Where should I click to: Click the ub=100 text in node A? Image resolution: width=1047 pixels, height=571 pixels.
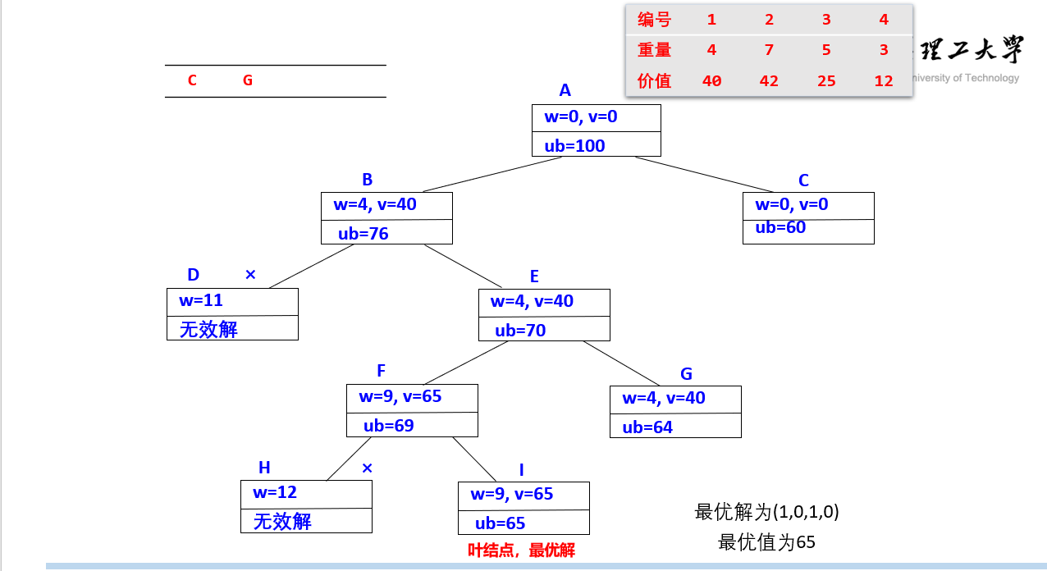pyautogui.click(x=574, y=146)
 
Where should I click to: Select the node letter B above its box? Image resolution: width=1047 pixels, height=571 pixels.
pyautogui.click(x=367, y=180)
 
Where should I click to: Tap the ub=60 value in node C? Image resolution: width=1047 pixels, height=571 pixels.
pyautogui.click(x=780, y=227)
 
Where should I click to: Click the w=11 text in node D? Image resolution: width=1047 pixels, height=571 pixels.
pyautogui.click(x=201, y=300)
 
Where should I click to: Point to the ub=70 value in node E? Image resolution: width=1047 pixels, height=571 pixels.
pyautogui.click(x=520, y=331)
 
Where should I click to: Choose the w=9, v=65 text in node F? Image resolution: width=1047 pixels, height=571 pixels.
pyautogui.click(x=400, y=397)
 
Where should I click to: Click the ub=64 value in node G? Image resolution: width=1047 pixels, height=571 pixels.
pyautogui.click(x=647, y=427)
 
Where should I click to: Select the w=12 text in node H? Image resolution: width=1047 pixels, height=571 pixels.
pyautogui.click(x=275, y=492)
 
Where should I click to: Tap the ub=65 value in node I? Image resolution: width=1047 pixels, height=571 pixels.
pyautogui.click(x=500, y=523)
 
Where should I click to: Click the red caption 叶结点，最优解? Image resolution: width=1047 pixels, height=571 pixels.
pyautogui.click(x=521, y=550)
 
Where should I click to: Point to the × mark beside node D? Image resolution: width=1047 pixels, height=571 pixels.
pyautogui.click(x=250, y=275)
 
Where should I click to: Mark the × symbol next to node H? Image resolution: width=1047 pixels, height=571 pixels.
pyautogui.click(x=367, y=468)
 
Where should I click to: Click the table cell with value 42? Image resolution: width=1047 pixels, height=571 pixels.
pyautogui.click(x=768, y=81)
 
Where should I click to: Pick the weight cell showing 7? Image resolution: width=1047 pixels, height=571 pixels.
pyautogui.click(x=768, y=50)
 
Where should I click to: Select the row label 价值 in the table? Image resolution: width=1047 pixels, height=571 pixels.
pyautogui.click(x=654, y=81)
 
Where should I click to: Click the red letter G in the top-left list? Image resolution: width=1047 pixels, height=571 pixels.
pyautogui.click(x=248, y=80)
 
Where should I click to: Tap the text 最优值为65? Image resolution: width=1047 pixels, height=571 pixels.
pyautogui.click(x=766, y=542)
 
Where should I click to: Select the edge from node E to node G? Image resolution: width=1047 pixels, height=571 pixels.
pyautogui.click(x=621, y=363)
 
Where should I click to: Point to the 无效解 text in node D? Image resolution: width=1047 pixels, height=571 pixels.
pyautogui.click(x=208, y=330)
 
